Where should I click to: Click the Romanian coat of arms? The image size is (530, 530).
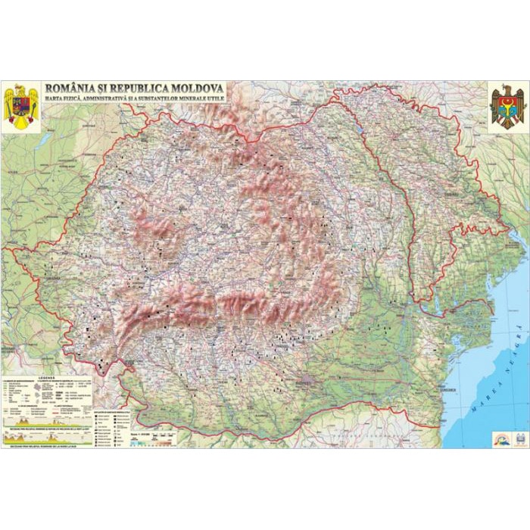21,107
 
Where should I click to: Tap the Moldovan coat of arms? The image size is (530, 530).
507,107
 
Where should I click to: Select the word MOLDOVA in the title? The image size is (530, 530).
193,89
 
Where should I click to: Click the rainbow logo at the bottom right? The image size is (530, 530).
502,438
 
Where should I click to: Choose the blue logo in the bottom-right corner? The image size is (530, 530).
519,438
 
